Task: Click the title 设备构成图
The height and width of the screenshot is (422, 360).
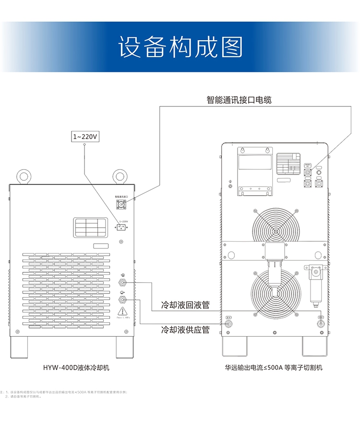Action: (180, 47)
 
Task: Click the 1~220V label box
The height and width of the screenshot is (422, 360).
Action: (85, 137)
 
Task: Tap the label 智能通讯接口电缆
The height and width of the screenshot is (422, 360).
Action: (239, 100)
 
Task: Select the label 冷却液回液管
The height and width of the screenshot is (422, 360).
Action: (185, 305)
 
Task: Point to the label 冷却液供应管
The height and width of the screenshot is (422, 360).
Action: (185, 330)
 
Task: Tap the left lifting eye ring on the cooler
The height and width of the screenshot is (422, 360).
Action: (23, 176)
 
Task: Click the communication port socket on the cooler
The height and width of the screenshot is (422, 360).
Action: (121, 204)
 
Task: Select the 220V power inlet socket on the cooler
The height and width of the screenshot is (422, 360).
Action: (121, 228)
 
